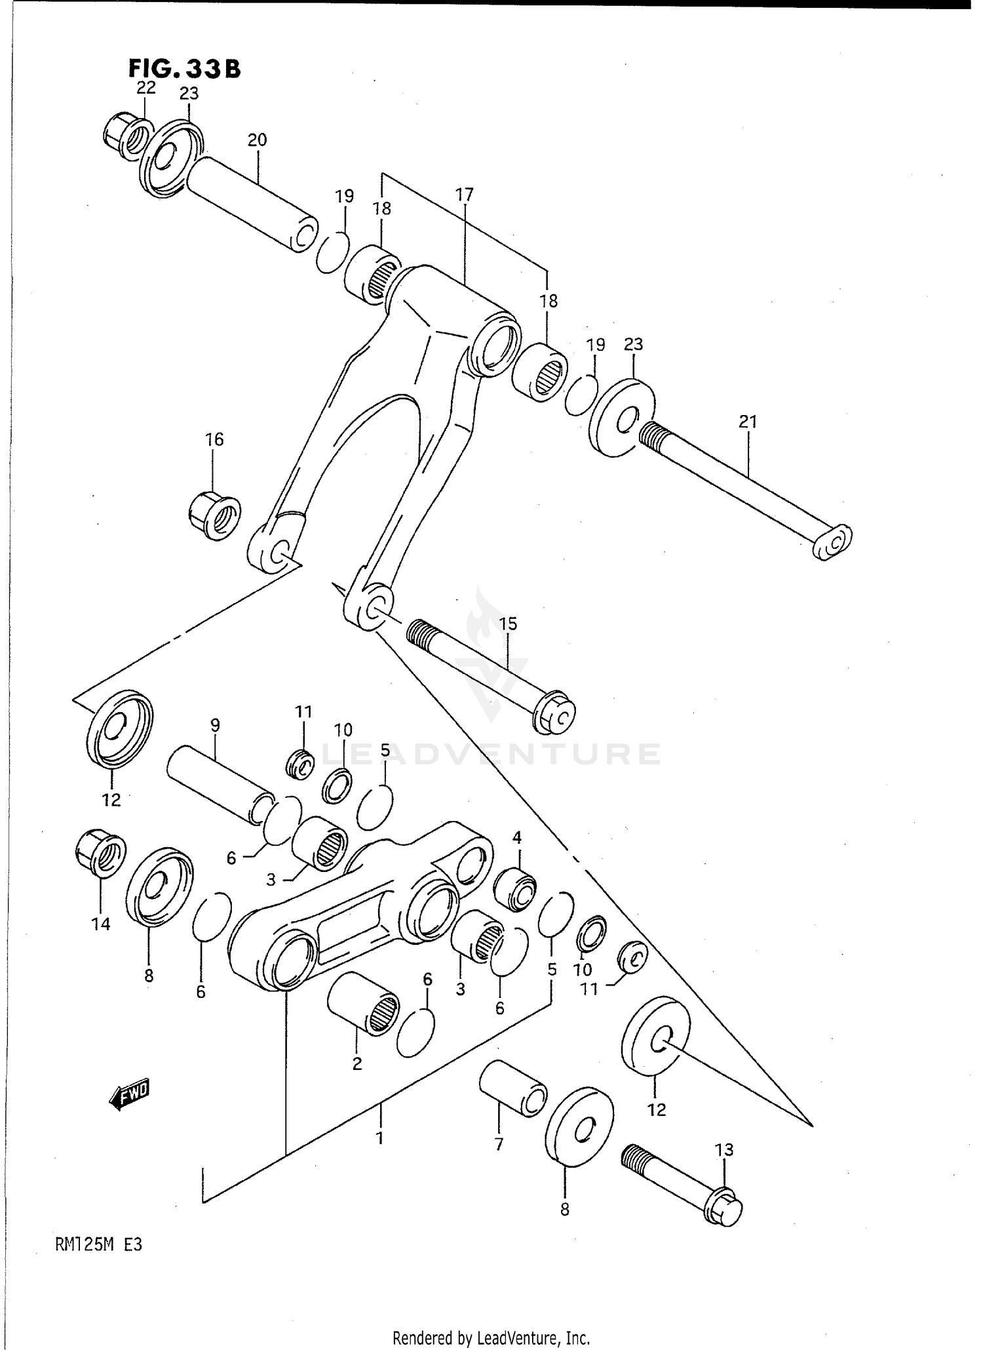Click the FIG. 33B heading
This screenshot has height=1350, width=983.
point(184,68)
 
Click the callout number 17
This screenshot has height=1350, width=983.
point(464,195)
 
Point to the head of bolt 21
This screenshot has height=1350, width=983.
point(832,542)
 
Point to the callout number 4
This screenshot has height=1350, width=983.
point(516,837)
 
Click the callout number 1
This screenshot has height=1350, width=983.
point(379,1139)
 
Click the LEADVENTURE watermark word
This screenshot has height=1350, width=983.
point(491,754)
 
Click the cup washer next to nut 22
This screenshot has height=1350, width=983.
point(170,158)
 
